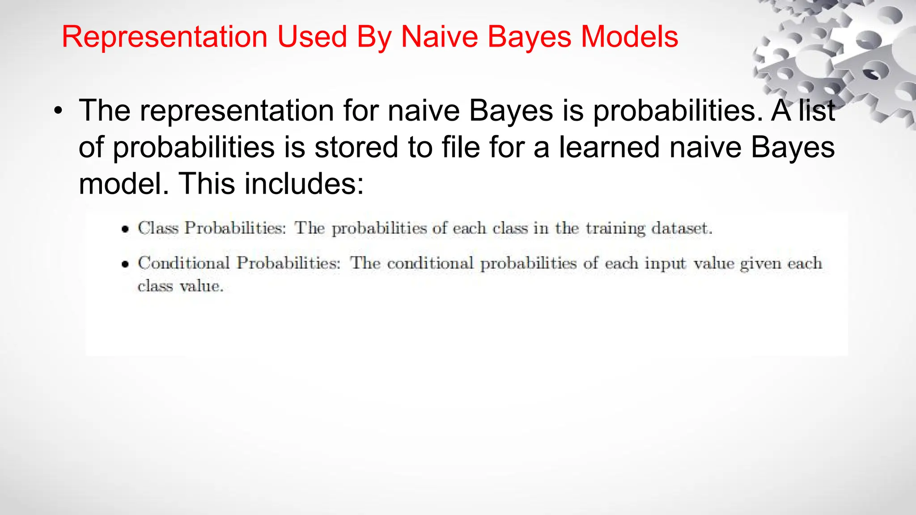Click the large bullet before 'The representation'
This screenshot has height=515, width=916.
pos(57,112)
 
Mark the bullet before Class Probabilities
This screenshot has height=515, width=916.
pos(125,229)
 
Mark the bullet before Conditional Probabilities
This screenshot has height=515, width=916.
pos(125,264)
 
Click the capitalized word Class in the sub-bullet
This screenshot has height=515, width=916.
pos(158,228)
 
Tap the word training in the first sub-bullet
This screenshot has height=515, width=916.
pos(615,229)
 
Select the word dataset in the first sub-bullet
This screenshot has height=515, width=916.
pos(681,228)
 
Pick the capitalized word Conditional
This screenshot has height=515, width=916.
pos(184,263)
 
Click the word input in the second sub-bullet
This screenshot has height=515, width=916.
pos(665,264)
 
